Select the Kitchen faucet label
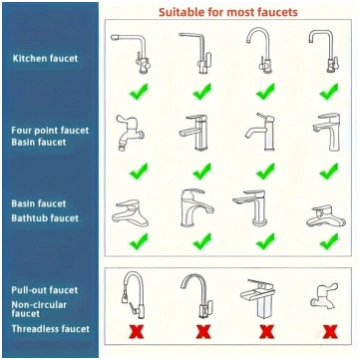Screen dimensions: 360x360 pyautogui.click(x=45, y=59)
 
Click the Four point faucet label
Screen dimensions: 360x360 pyautogui.click(x=50, y=130)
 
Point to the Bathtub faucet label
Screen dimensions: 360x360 pyautogui.click(x=45, y=218)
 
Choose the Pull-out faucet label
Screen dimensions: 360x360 pyautogui.click(x=45, y=290)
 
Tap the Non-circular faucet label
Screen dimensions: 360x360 pyautogui.click(x=39, y=309)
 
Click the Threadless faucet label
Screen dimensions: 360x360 pyautogui.click(x=51, y=329)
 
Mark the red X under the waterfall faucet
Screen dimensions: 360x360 pyautogui.click(x=266, y=332)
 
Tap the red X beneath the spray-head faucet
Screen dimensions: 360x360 pyautogui.click(x=136, y=332)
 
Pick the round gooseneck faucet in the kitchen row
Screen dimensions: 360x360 pyautogui.click(x=259, y=50)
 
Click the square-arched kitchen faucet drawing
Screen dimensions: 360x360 pyautogui.click(x=323, y=51)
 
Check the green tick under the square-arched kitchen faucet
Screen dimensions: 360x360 pyautogui.click(x=329, y=91)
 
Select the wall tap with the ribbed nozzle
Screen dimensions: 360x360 pyautogui.click(x=129, y=133)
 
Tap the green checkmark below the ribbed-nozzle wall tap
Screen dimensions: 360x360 pyautogui.click(x=139, y=171)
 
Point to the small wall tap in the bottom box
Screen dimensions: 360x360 pyautogui.click(x=324, y=295)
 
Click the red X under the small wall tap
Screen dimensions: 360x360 pyautogui.click(x=330, y=332)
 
